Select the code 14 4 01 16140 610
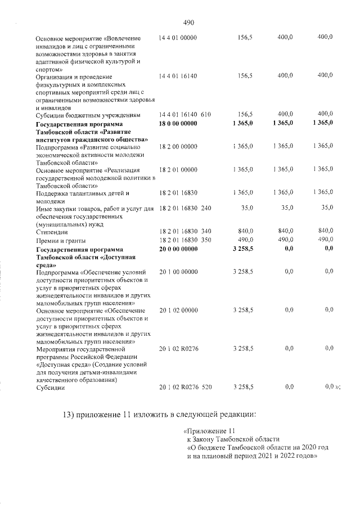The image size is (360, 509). point(185,115)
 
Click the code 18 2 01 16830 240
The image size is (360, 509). point(185,209)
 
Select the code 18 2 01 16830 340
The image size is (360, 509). point(185,232)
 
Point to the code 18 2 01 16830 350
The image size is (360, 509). point(185,240)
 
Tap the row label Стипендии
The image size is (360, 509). point(52,232)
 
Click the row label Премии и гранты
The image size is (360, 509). point(61,240)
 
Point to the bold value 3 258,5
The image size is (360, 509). point(242,248)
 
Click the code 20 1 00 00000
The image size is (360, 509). point(178,272)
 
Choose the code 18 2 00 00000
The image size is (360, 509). point(178,146)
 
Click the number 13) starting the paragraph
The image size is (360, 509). point(69,415)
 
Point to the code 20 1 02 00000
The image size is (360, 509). point(178,310)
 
